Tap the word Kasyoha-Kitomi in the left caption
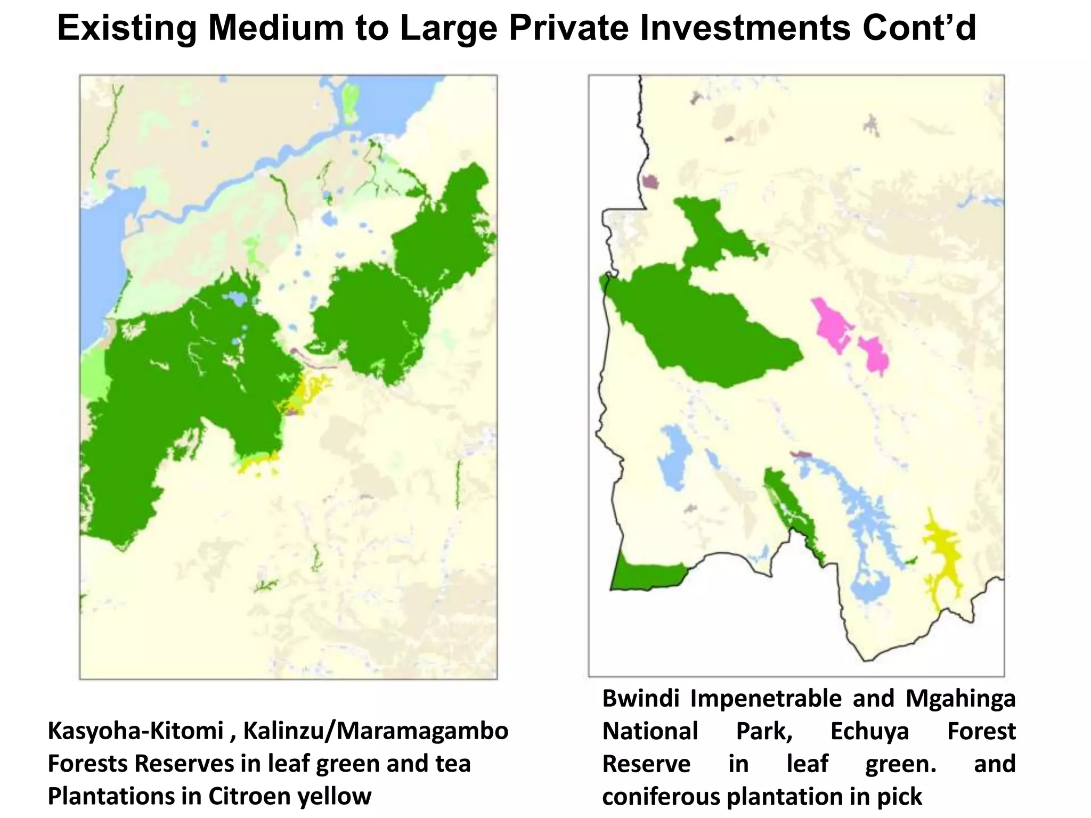tap(135, 731)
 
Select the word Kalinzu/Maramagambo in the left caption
tap(376, 731)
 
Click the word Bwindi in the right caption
tap(640, 698)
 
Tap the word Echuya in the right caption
tap(869, 731)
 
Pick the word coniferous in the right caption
tap(661, 796)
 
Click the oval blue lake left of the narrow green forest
tap(673, 453)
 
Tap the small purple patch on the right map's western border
tap(650, 182)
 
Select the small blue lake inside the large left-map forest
tap(235, 298)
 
